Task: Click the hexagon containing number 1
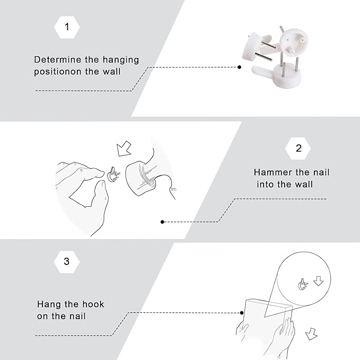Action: [x=67, y=27]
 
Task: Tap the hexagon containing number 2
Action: [x=298, y=148]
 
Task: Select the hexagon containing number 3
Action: [x=67, y=262]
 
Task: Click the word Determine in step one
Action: [x=57, y=60]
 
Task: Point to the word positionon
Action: [x=58, y=72]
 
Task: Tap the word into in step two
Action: [x=265, y=185]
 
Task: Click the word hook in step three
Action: [x=93, y=304]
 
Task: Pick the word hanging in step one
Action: [x=121, y=60]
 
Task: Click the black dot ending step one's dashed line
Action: [x=240, y=67]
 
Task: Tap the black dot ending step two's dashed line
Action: [x=162, y=222]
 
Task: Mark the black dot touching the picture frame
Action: [x=242, y=313]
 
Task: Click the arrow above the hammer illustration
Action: [x=124, y=149]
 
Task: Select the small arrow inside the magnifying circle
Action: [x=319, y=281]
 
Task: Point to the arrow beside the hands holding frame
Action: [x=311, y=334]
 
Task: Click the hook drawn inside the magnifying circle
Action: [x=303, y=285]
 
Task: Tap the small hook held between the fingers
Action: [x=113, y=174]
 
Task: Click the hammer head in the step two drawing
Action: [x=141, y=178]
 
